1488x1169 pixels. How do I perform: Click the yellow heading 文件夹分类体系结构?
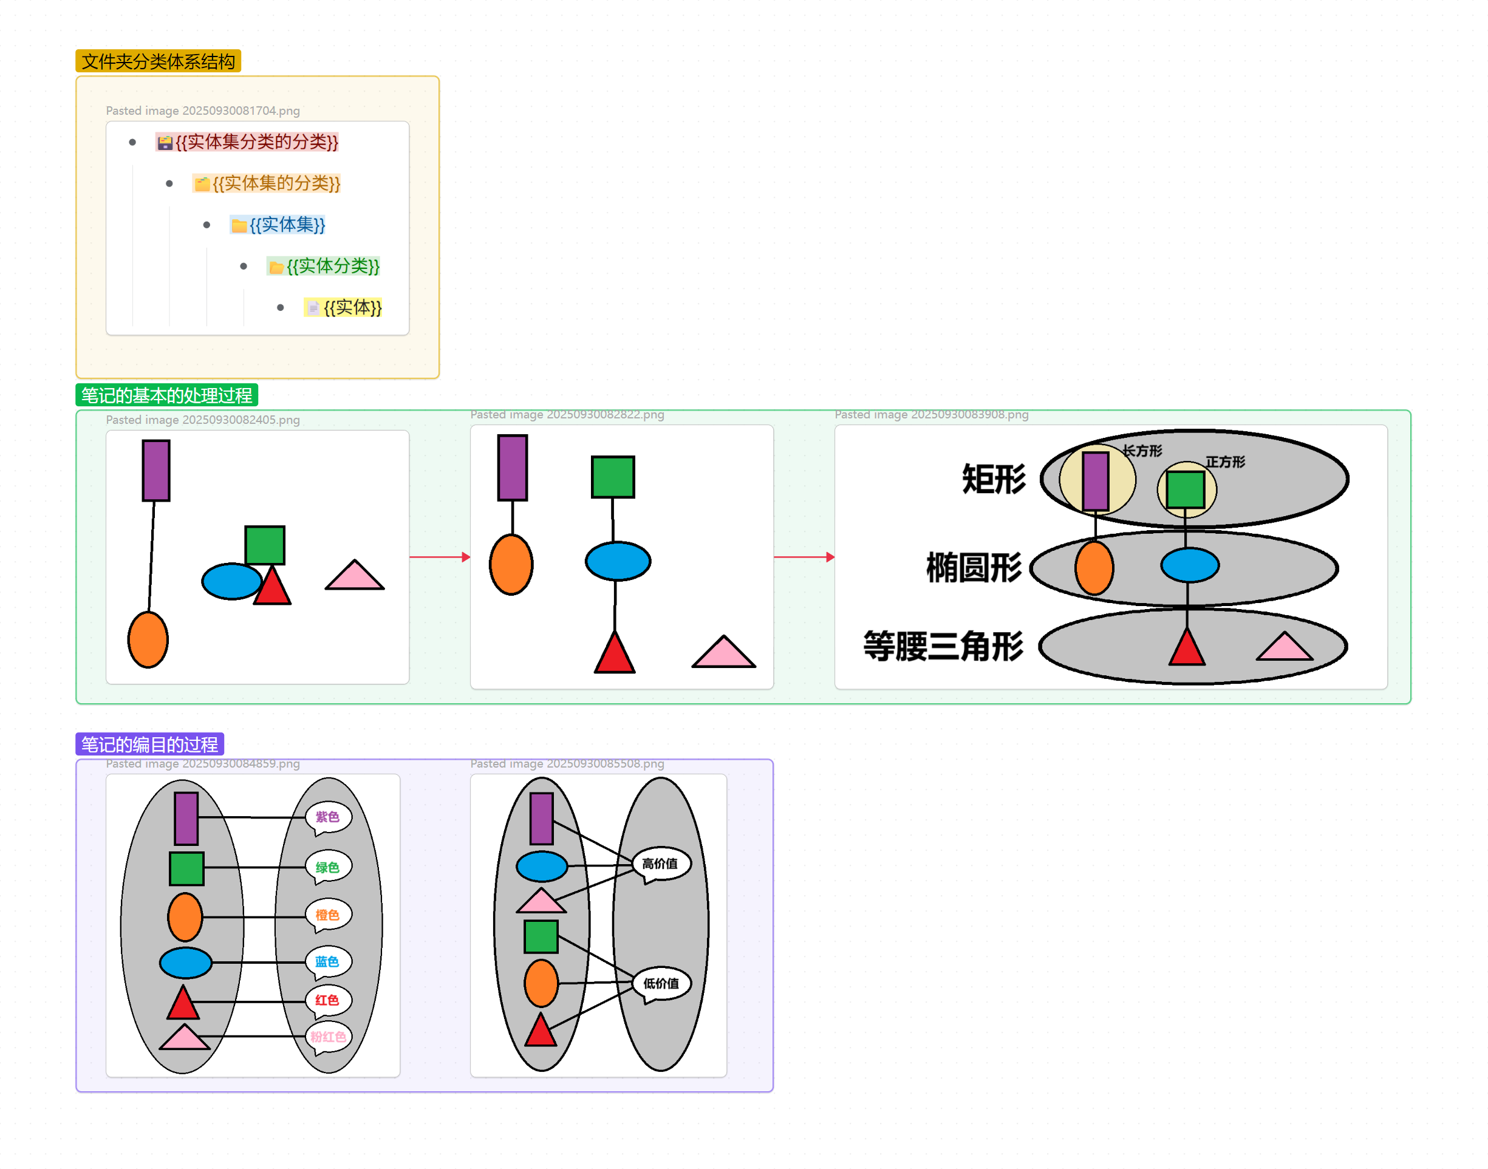(x=158, y=61)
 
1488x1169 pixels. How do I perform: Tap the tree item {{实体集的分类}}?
(x=275, y=183)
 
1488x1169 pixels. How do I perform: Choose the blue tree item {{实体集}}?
(x=286, y=225)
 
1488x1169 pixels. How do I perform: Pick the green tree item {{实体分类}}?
(x=332, y=266)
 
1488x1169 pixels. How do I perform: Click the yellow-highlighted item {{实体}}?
(x=352, y=307)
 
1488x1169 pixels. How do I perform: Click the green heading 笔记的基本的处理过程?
(x=166, y=395)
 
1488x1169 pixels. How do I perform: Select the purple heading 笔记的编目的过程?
(x=149, y=745)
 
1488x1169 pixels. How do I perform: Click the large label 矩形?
(x=994, y=479)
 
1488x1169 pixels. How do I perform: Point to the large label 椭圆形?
(x=974, y=567)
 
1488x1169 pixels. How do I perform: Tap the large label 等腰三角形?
(x=943, y=646)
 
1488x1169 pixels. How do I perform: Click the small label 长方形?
(x=1142, y=451)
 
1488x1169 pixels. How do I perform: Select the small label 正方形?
(x=1225, y=462)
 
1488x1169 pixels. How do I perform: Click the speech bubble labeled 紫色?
(x=328, y=817)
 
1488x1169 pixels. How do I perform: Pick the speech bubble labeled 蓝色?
(x=328, y=962)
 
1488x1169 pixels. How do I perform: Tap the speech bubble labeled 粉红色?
(x=329, y=1037)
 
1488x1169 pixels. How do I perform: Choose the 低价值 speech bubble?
(x=661, y=984)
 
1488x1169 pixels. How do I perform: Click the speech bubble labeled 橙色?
(x=328, y=915)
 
